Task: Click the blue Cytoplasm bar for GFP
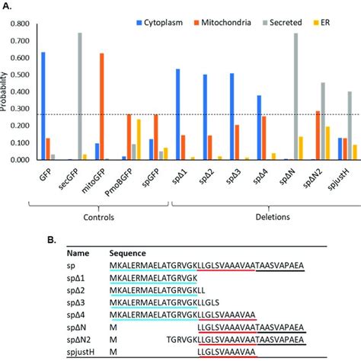pos(43,107)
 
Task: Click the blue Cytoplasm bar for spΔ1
pos(177,114)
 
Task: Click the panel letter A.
pos(7,5)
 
